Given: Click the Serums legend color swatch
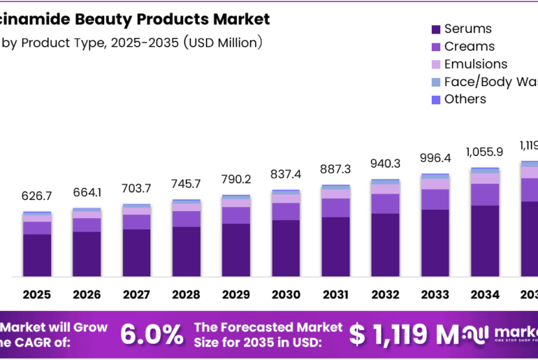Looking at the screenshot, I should coord(436,29).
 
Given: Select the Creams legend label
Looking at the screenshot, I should coord(469,47).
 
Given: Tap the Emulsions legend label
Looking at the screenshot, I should coord(475,64).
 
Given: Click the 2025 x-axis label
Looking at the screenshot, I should coord(37,295).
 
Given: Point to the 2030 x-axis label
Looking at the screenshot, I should coord(286,295).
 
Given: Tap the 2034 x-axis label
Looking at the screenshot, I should coord(485,295).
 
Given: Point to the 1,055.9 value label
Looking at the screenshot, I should coord(485,151).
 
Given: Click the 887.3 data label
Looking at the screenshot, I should coord(336,170).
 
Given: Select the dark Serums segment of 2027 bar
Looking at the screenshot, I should coord(137,252).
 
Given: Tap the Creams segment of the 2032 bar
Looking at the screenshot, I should coord(386,203).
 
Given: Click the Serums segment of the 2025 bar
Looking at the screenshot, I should coord(37,254).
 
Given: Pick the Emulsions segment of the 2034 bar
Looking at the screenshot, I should coord(485,178).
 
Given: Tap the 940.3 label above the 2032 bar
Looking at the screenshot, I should coord(386,164).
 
